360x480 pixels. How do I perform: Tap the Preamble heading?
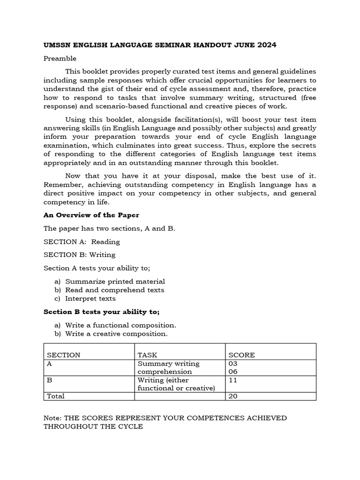60,59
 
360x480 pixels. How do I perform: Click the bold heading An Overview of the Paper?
91,215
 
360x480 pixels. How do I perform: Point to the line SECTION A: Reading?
82,242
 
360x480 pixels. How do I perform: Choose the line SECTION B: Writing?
79,255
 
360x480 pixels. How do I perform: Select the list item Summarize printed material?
115,282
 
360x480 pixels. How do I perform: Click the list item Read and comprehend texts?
114,290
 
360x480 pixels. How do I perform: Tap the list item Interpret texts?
90,299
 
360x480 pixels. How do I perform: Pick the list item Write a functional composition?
120,325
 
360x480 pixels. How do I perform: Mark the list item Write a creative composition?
116,334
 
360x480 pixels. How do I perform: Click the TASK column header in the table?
146,355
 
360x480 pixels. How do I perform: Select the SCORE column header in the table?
241,355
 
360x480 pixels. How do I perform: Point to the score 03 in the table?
233,364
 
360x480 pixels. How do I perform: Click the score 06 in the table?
233,372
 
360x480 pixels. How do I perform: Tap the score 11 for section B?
232,380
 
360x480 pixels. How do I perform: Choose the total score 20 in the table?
233,396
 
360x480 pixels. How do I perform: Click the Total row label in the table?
56,396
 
